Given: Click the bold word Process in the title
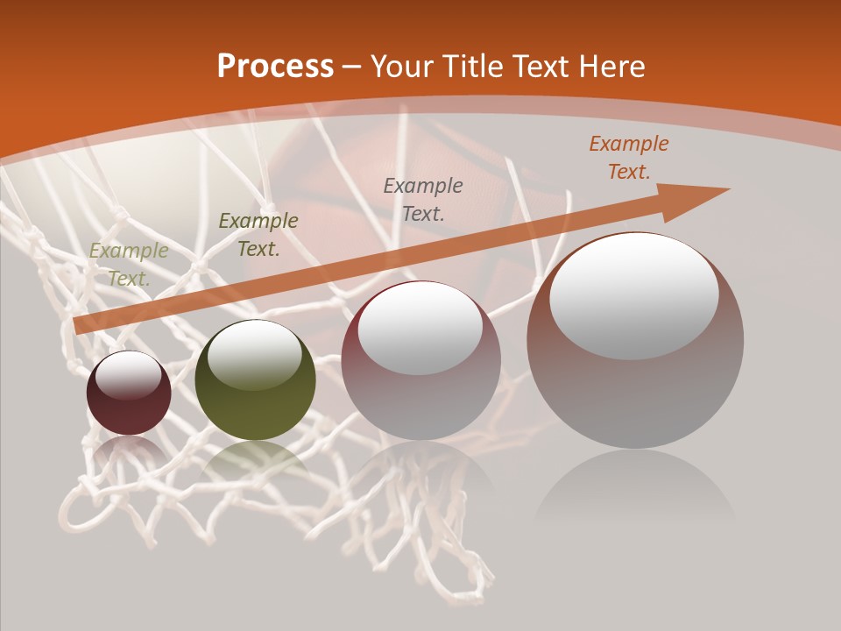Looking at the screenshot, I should (275, 67).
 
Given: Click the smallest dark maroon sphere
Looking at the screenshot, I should (129, 393).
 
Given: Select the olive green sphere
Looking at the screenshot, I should (255, 379).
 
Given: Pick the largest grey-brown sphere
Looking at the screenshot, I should (635, 341).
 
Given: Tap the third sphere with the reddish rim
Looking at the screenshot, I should (421, 360).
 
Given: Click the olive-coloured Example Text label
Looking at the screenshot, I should (129, 265).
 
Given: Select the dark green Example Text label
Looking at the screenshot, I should (258, 235).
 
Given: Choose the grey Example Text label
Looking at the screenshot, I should (423, 199).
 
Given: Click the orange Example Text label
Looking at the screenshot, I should (629, 158).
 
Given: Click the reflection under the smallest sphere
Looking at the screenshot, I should (129, 450).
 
